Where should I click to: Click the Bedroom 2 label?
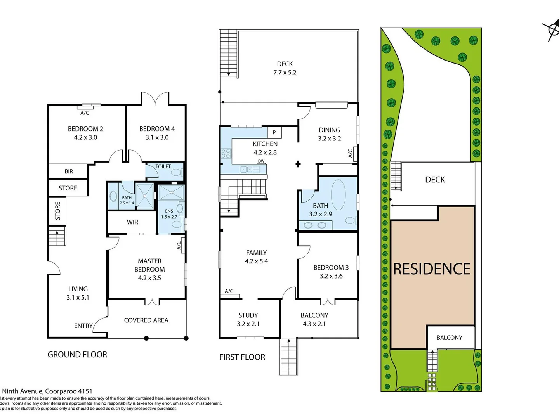[85, 129]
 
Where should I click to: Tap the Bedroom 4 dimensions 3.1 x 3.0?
[157, 137]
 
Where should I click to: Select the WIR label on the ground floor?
[132, 222]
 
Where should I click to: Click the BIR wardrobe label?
[69, 171]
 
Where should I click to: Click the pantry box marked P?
[274, 132]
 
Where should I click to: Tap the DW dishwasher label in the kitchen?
[261, 161]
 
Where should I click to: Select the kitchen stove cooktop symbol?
[226, 153]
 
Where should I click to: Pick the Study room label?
[248, 315]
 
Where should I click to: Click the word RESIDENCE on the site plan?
[432, 269]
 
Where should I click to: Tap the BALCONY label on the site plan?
[449, 338]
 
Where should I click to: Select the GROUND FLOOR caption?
[77, 355]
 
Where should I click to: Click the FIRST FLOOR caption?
[242, 357]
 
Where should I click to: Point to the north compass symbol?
[551, 29]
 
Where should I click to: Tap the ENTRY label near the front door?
[83, 326]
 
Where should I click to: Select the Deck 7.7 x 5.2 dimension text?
[285, 73]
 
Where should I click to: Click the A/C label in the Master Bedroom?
[179, 245]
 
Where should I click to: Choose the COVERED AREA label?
[146, 320]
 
